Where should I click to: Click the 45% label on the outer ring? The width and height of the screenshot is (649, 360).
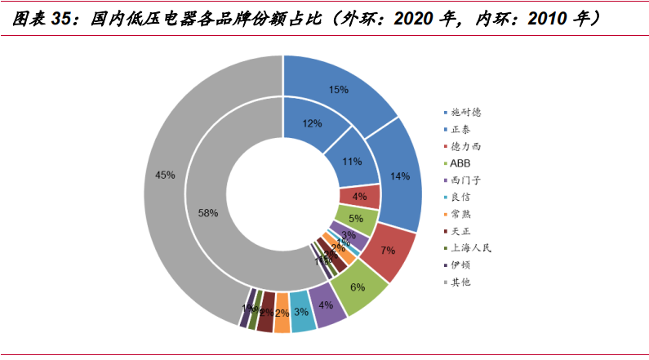click(x=165, y=175)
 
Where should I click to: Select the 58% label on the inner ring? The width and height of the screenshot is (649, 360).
click(x=208, y=213)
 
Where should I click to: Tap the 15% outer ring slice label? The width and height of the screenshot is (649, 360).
click(x=338, y=89)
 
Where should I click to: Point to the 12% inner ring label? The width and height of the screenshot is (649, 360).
click(x=310, y=124)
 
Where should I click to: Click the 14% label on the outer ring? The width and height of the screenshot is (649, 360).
click(x=400, y=176)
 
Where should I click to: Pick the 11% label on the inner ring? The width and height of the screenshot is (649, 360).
click(x=352, y=162)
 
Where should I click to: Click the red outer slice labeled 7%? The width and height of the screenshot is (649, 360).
click(x=387, y=249)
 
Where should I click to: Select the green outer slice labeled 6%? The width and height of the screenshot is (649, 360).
click(x=358, y=287)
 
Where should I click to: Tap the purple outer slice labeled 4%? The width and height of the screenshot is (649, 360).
click(x=326, y=305)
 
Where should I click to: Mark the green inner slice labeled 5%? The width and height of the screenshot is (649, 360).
click(x=356, y=219)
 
